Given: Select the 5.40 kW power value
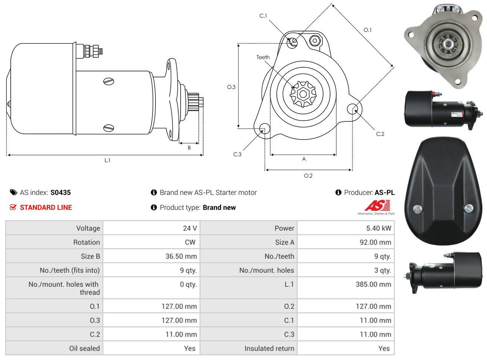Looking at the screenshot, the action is pyautogui.click(x=379, y=228).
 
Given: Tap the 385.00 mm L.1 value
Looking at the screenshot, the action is pyautogui.click(x=373, y=284).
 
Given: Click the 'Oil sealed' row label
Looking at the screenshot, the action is pyautogui.click(x=84, y=349).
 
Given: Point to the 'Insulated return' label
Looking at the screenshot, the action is pyautogui.click(x=269, y=349).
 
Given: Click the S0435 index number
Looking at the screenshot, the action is pyautogui.click(x=61, y=192).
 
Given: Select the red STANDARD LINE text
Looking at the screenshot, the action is pyautogui.click(x=46, y=208).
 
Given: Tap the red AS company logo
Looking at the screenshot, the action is pyautogui.click(x=377, y=205).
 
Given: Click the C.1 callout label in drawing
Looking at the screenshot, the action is pyautogui.click(x=263, y=16).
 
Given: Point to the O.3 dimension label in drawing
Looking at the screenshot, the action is pyautogui.click(x=231, y=87).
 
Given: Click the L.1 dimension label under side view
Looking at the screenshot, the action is pyautogui.click(x=107, y=161).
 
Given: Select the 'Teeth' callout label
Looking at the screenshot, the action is pyautogui.click(x=263, y=57).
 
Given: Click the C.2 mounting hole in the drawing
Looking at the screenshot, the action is pyautogui.click(x=352, y=109).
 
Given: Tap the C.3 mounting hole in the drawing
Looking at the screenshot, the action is pyautogui.click(x=265, y=128).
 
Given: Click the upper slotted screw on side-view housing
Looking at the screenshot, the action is pyautogui.click(x=108, y=81).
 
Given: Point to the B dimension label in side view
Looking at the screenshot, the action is pyautogui.click(x=189, y=148).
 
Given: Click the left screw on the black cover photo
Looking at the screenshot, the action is pyautogui.click(x=417, y=209).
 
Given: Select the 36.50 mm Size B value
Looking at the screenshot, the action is pyautogui.click(x=181, y=256).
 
